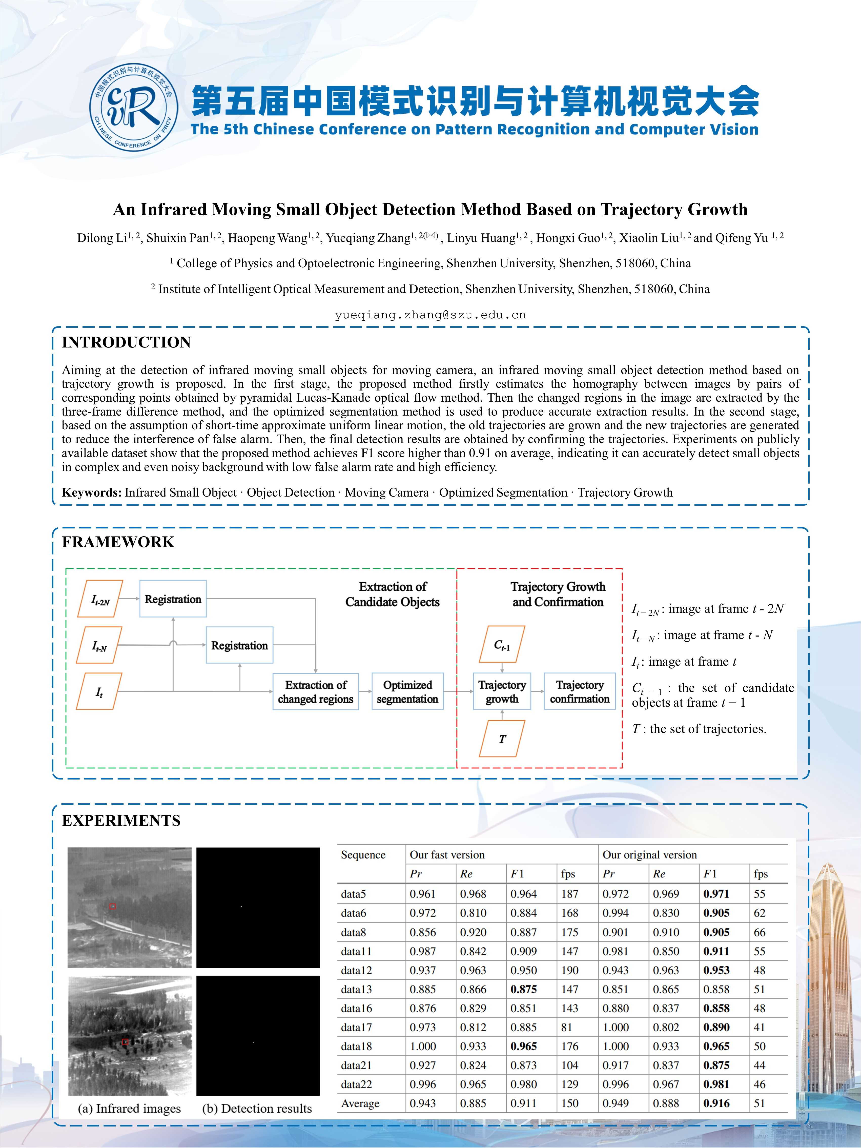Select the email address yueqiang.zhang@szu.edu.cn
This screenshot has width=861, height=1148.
430,315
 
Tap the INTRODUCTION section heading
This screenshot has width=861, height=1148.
126,342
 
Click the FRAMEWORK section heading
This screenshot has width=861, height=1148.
118,542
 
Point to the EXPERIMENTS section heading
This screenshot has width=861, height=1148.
121,821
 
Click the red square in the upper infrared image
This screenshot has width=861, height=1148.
113,906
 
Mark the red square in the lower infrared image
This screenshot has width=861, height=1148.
125,1042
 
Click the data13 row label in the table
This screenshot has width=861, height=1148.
356,989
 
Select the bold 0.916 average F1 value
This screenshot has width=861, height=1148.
716,1103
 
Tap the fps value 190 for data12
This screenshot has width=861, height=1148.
569,970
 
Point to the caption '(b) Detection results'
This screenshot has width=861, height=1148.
257,1109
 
